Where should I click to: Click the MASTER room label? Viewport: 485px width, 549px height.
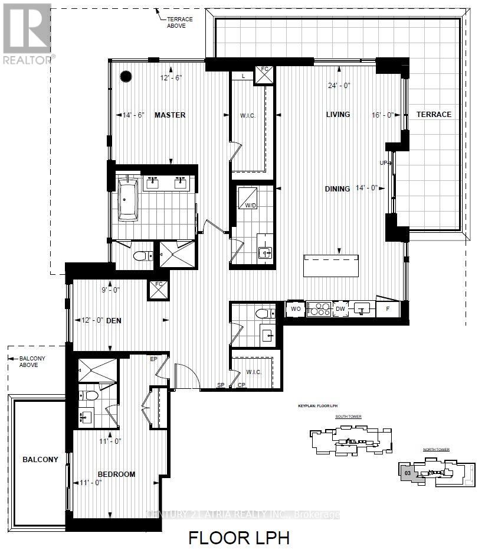170,115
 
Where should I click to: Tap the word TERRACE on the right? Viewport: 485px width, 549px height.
434,115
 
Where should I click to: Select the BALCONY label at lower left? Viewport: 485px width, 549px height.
40,459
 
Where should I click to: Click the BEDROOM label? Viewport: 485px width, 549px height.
116,474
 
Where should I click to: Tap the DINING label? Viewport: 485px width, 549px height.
337,189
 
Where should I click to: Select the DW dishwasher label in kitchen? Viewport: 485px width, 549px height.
340,308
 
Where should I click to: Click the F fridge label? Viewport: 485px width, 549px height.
388,308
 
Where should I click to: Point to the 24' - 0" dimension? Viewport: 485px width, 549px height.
339,85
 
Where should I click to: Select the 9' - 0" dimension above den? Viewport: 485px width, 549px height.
112,290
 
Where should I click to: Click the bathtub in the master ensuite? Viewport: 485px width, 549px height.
127,199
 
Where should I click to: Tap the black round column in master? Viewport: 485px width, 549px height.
126,76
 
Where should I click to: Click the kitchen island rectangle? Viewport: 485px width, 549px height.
331,265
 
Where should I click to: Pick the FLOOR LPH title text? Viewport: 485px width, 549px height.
238,538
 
